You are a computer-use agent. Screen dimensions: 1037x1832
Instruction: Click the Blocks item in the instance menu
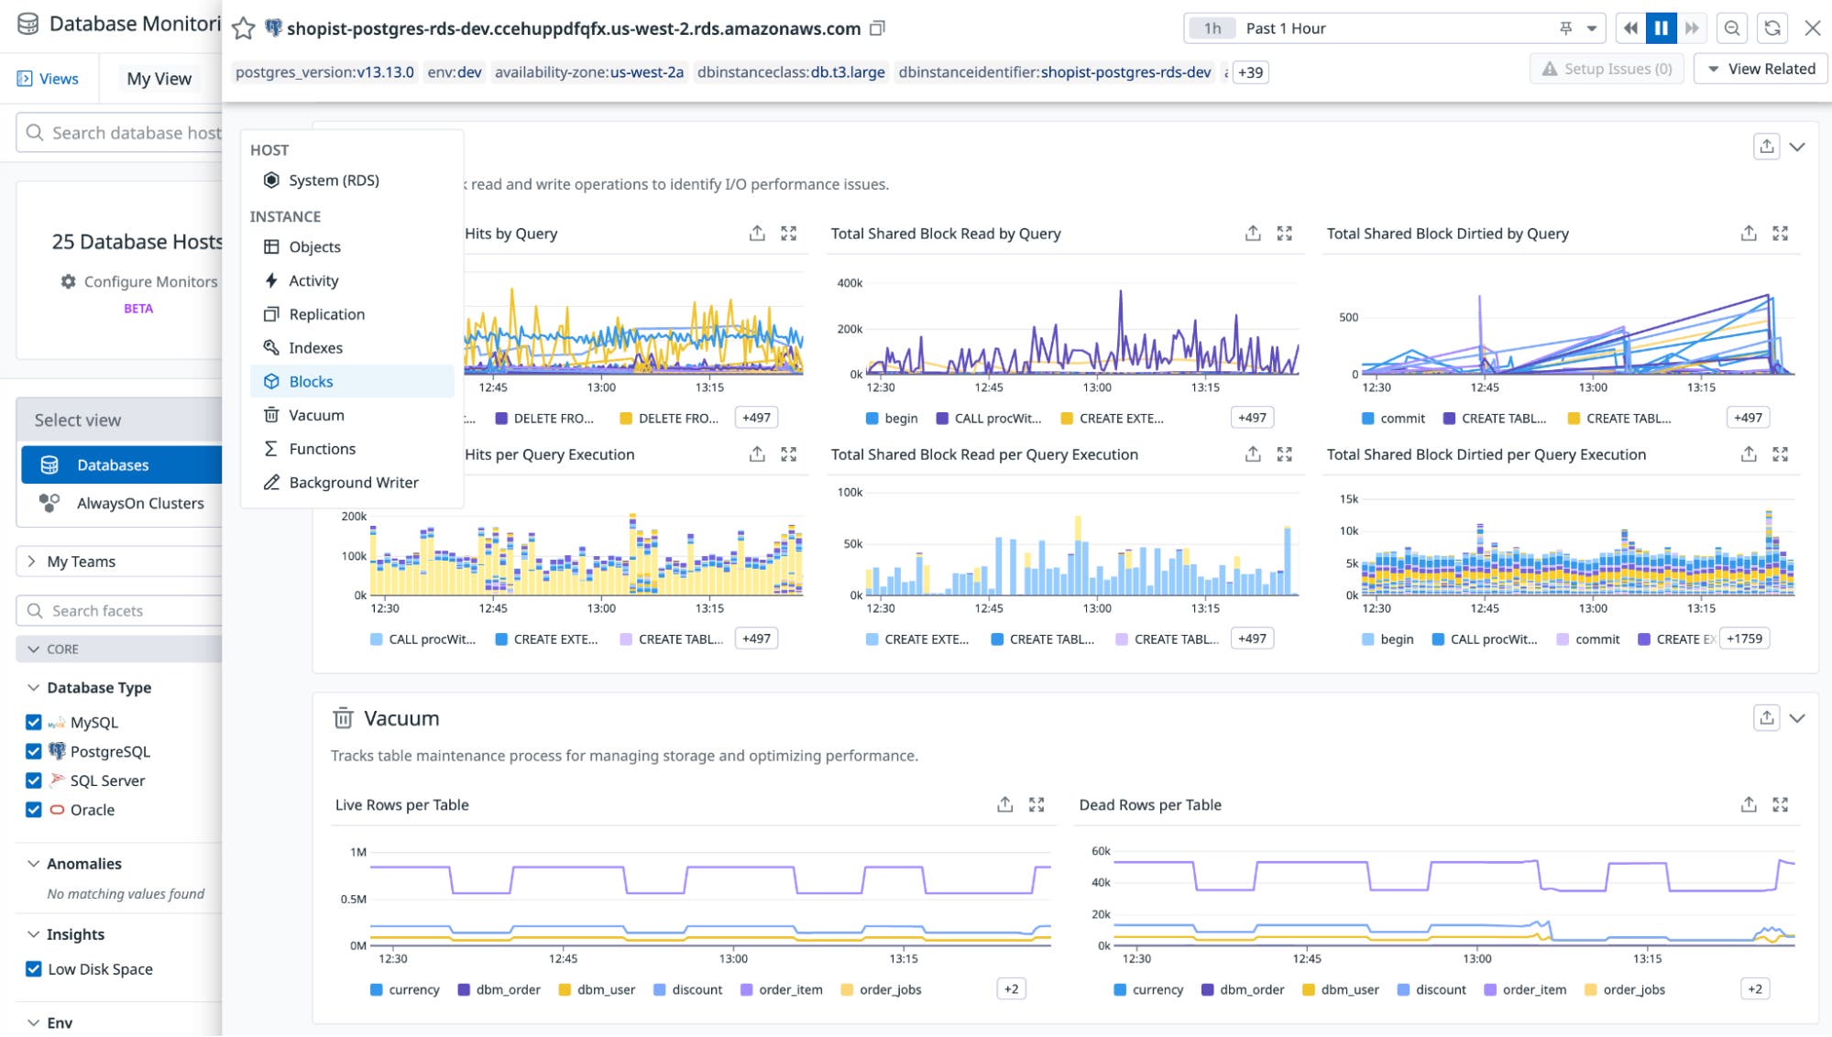312,381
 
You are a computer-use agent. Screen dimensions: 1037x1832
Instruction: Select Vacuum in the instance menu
316,415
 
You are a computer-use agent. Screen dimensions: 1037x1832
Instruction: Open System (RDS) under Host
334,180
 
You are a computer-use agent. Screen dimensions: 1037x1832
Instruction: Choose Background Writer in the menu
353,483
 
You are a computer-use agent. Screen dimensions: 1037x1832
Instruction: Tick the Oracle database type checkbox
34,810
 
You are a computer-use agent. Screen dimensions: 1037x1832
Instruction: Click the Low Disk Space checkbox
34,969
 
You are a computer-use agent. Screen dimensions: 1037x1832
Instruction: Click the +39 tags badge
1250,72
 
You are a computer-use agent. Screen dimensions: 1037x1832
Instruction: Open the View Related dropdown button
1761,69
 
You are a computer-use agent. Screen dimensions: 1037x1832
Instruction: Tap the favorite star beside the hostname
243,28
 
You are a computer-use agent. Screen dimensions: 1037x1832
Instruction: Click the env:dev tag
455,72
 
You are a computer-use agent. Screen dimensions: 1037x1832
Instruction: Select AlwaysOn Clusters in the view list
139,503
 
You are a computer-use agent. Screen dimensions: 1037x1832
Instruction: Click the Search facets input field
128,611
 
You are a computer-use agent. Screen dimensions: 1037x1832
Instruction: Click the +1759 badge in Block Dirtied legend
1744,639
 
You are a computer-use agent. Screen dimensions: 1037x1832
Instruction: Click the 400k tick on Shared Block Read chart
849,283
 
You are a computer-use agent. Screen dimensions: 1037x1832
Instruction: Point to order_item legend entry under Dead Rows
1533,989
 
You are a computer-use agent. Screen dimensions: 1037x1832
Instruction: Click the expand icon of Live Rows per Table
1037,804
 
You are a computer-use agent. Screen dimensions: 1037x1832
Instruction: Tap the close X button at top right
1812,28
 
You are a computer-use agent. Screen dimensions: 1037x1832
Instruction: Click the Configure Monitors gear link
139,281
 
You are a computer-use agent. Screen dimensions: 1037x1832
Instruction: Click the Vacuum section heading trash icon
343,718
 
